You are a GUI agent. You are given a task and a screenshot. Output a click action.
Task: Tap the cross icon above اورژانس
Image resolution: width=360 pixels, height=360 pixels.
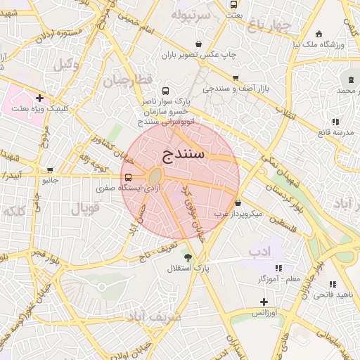[264, 301]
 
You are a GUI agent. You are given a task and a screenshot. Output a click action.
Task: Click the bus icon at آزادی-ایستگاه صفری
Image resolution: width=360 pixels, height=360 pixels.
[128, 178]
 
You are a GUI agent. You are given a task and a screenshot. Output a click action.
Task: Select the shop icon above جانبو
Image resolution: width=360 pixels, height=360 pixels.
[49, 169]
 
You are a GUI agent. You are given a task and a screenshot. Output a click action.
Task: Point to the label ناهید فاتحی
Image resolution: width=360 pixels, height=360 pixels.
[333, 294]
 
